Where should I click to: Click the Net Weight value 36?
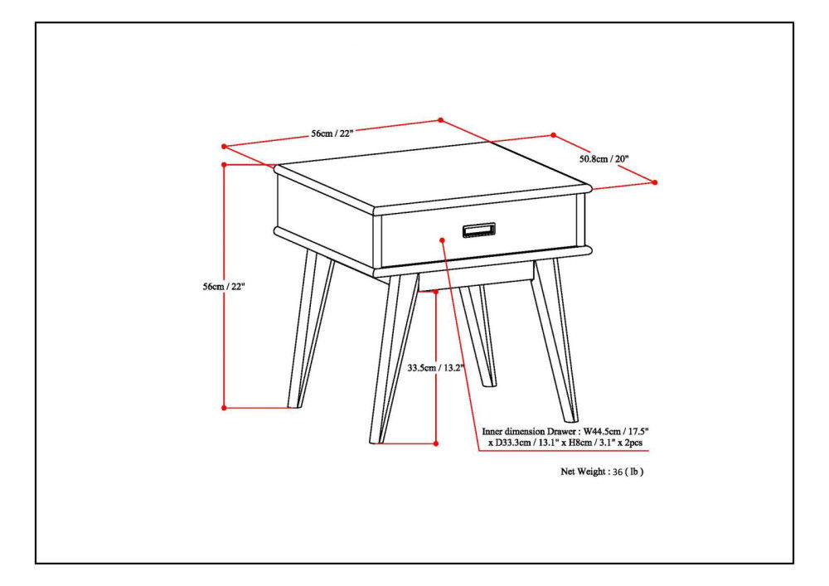click(x=618, y=472)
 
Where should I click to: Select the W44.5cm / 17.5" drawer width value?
click(x=616, y=432)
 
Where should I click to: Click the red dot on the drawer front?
click(x=444, y=240)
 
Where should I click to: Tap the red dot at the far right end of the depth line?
click(x=655, y=182)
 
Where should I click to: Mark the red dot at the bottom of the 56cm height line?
click(x=225, y=407)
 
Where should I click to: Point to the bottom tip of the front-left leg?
click(x=375, y=441)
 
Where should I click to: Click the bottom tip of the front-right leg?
click(x=571, y=420)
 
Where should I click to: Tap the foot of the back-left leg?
click(x=293, y=406)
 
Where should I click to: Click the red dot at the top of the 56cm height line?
click(x=225, y=165)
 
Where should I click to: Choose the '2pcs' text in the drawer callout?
click(x=633, y=444)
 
